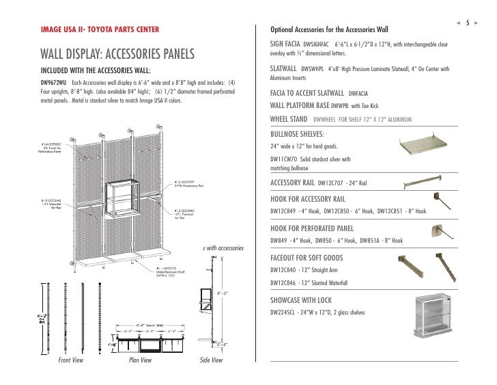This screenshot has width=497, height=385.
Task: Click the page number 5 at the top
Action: click(468, 22)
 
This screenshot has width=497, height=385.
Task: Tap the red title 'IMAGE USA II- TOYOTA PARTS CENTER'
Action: click(100, 31)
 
